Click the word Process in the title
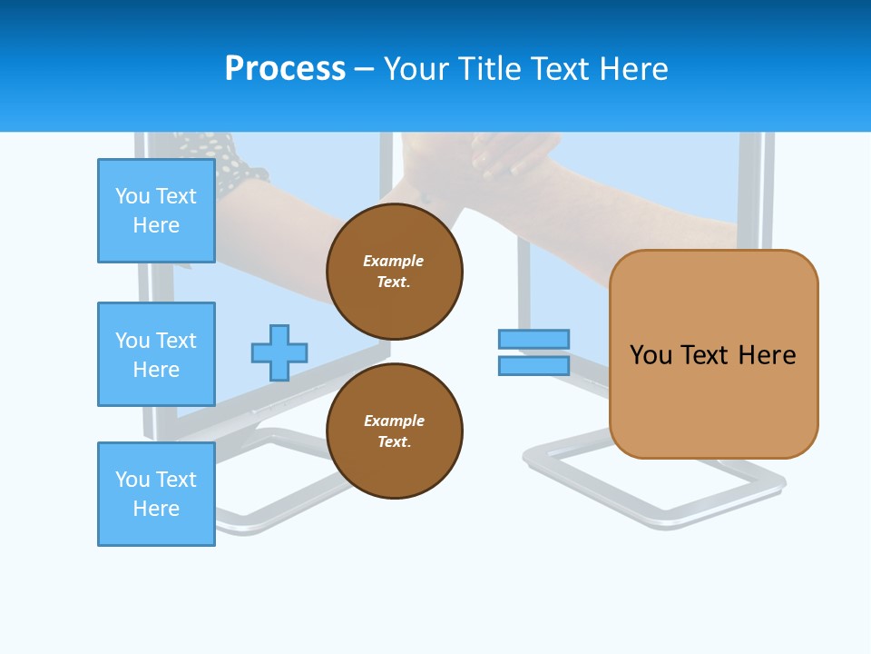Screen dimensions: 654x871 285,69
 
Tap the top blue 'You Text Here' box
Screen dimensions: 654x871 156,211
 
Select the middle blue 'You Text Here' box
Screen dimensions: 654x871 156,354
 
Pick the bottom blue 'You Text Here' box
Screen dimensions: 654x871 156,494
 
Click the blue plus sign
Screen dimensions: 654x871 279,352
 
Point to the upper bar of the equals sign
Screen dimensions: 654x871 533,339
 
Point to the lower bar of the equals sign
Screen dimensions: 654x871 533,366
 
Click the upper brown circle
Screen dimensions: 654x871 394,271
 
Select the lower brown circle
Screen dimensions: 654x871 394,431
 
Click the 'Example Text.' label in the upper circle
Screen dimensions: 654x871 394,271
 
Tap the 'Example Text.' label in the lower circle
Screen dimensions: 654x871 394,431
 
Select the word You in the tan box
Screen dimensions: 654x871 651,355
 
